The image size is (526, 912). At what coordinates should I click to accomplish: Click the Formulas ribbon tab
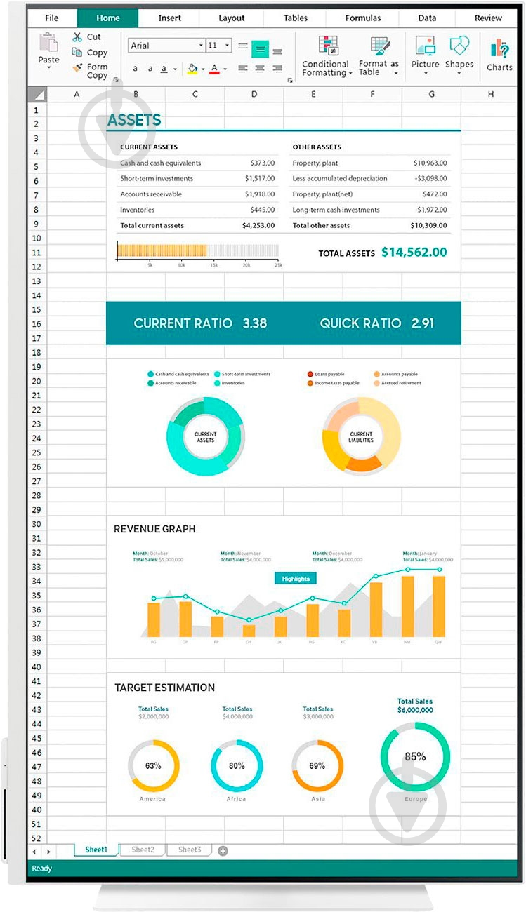pyautogui.click(x=363, y=18)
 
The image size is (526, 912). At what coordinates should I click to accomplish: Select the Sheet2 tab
pyautogui.click(x=143, y=850)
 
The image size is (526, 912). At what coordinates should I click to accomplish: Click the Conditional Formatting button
pyautogui.click(x=326, y=57)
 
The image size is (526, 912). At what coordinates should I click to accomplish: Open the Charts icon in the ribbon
pyautogui.click(x=499, y=55)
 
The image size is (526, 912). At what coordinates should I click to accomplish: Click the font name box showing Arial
pyautogui.click(x=166, y=46)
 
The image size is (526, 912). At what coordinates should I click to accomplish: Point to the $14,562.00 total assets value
pyautogui.click(x=414, y=252)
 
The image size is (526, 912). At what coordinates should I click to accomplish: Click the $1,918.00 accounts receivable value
pyautogui.click(x=260, y=194)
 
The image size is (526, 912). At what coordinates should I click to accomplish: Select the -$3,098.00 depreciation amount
pyautogui.click(x=430, y=179)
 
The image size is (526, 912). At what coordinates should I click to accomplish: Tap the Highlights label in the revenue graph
pyautogui.click(x=296, y=579)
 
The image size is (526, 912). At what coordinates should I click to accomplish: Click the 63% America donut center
pyautogui.click(x=153, y=766)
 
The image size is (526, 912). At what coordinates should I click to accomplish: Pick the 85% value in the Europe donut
pyautogui.click(x=415, y=757)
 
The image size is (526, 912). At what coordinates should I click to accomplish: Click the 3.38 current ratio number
pyautogui.click(x=254, y=323)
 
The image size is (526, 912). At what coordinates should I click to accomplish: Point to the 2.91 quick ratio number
pyautogui.click(x=423, y=323)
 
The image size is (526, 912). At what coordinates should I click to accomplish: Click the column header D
pyautogui.click(x=254, y=94)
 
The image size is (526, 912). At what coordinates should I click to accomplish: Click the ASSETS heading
pyautogui.click(x=134, y=121)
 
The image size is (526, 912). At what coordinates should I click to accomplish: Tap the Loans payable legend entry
pyautogui.click(x=329, y=375)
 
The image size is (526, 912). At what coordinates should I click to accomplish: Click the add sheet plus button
pyautogui.click(x=223, y=851)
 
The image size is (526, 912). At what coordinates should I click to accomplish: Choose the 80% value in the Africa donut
pyautogui.click(x=237, y=766)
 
